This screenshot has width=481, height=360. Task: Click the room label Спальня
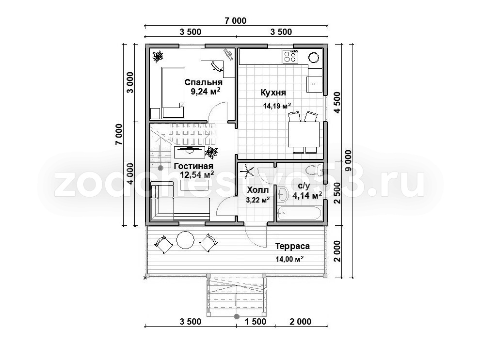(204, 82)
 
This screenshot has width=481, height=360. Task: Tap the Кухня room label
(273, 92)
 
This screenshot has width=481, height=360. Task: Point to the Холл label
(257, 190)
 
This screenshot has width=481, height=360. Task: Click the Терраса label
(292, 246)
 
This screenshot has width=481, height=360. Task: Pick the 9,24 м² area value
(206, 91)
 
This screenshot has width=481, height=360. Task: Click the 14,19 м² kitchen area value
(277, 106)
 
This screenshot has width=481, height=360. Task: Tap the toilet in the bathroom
(314, 170)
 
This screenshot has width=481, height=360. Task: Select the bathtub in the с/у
(299, 213)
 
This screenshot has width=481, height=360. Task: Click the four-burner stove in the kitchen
(290, 56)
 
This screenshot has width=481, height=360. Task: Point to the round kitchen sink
(314, 57)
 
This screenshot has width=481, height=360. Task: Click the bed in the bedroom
(173, 93)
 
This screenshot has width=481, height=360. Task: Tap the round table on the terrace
(185, 239)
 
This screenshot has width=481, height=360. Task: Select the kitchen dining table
(304, 135)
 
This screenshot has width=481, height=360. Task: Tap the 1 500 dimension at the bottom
(255, 321)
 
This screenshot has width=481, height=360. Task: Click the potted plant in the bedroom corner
(158, 56)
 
